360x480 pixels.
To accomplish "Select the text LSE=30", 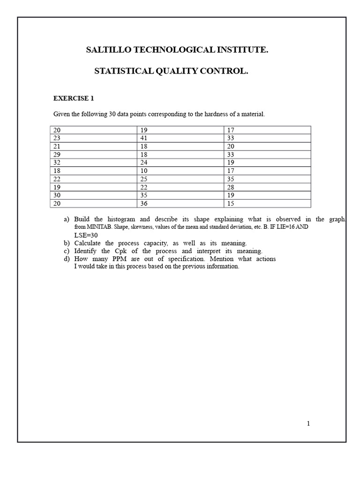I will (x=86, y=235).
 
